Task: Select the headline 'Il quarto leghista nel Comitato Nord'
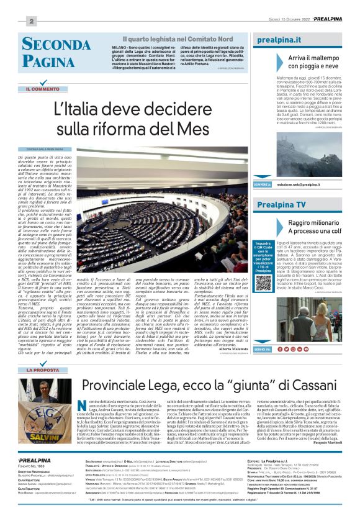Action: [x=164, y=39]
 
